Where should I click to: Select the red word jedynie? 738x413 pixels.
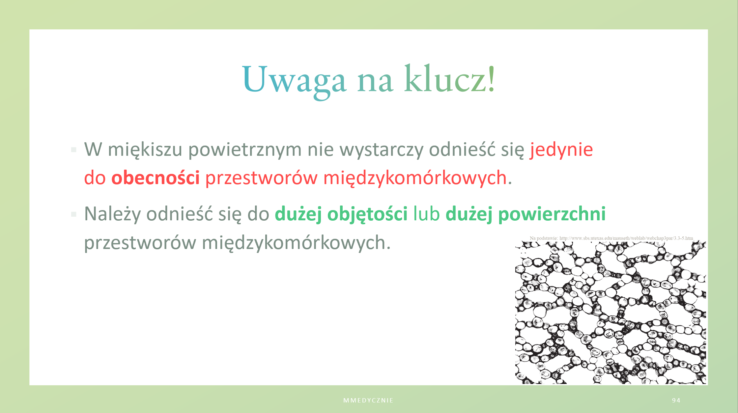(561, 150)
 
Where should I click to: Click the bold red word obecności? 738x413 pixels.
(156, 178)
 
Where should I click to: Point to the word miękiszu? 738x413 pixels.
(145, 150)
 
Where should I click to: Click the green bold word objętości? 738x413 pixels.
(367, 214)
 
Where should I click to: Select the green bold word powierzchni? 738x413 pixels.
(552, 214)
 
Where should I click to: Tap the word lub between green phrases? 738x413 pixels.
(427, 214)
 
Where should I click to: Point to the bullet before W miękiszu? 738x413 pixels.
(74, 150)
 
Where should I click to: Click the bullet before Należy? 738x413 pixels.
(74, 215)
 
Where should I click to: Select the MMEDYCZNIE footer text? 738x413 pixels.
(368, 400)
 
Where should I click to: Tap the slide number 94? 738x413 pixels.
(676, 400)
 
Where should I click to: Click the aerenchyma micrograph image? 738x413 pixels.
(610, 313)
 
